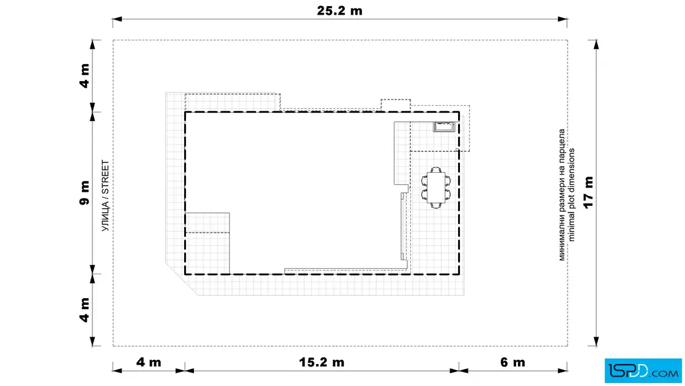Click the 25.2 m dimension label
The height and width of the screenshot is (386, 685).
[x=339, y=10]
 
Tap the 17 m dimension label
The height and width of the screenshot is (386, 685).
[x=588, y=192]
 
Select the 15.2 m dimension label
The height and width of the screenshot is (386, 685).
[x=322, y=362]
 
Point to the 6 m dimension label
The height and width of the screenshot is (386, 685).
[x=513, y=362]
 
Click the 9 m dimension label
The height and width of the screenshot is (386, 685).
[x=84, y=192]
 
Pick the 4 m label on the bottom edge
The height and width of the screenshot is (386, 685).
[x=149, y=362]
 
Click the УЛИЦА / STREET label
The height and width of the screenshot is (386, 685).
[x=105, y=195]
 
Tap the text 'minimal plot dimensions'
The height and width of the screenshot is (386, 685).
[x=571, y=195]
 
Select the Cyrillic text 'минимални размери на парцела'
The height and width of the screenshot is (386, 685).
[x=562, y=195]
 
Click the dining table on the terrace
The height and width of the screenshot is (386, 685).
[x=435, y=188]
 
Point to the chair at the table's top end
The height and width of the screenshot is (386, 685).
[x=435, y=169]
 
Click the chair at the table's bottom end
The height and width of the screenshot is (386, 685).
[x=435, y=205]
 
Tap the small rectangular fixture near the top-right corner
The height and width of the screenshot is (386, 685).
[x=444, y=126]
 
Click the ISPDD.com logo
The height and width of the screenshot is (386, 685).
[x=643, y=370]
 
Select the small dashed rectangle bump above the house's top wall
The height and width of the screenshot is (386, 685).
[x=395, y=104]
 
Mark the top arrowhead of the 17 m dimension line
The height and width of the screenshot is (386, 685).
[x=596, y=44]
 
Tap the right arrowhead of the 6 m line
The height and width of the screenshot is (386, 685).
[x=563, y=371]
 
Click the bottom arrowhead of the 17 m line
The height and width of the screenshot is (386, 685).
[x=596, y=341]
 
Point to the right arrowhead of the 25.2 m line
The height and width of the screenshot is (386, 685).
[x=563, y=19]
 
